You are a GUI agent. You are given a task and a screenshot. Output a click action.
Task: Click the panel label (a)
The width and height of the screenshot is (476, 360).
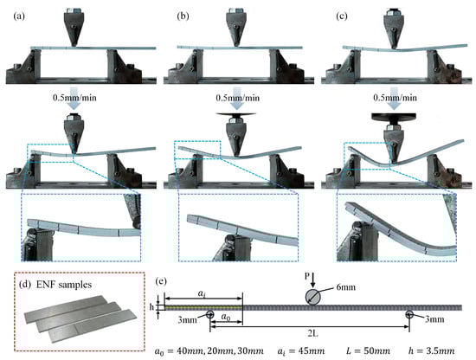pos(19,16)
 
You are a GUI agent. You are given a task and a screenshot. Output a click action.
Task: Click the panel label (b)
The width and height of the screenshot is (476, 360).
pos(183,16)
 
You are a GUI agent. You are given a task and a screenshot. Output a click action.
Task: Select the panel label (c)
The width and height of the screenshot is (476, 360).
pos(342,16)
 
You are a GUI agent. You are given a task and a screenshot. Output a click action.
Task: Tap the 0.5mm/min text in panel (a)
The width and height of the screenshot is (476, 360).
pos(74,98)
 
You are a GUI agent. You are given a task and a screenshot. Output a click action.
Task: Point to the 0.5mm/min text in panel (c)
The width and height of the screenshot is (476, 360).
pos(395,98)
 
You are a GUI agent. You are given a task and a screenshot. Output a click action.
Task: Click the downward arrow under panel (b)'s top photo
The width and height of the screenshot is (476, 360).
pos(237,98)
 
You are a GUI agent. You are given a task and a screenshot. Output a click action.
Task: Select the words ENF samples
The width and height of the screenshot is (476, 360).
pos(64,285)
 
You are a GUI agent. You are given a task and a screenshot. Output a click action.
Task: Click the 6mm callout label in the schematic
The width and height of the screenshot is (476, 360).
pos(346,286)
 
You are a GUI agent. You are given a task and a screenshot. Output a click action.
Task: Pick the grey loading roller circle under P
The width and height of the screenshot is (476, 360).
pos(313,297)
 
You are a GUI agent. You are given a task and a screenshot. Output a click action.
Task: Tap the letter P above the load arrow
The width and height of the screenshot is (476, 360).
pos(307,276)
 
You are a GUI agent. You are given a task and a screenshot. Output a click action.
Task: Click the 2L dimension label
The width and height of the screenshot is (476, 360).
pos(312,333)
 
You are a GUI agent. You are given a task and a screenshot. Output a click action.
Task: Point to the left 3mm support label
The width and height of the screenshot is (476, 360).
pos(187,320)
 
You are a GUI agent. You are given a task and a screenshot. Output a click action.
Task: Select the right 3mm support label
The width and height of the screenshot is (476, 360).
pos(434,319)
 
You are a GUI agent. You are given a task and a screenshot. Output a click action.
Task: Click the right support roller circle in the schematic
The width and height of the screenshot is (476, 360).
pos(408,314)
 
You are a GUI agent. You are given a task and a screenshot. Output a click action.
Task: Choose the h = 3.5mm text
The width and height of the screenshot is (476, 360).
pos(431,350)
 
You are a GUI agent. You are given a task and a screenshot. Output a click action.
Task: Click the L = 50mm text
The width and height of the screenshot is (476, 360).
pos(368,350)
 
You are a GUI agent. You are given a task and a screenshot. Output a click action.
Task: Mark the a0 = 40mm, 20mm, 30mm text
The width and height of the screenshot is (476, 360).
pos(209,351)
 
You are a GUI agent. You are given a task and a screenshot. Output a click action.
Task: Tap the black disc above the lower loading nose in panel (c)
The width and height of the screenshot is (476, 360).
pos(394,117)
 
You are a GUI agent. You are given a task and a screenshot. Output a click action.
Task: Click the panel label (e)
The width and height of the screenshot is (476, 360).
pos(161,281)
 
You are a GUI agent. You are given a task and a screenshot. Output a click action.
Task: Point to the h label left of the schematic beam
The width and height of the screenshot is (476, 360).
pos(151,307)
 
